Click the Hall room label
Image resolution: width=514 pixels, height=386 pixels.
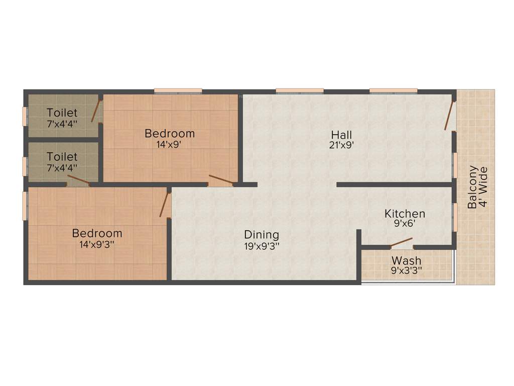(341, 135)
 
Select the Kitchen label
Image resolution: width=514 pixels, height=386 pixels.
(405, 214)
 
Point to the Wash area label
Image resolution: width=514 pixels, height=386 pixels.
(407, 261)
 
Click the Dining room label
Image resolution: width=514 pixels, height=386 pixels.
(262, 235)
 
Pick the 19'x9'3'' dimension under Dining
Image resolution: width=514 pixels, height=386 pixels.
(262, 246)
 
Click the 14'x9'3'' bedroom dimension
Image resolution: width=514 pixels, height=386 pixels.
(97, 245)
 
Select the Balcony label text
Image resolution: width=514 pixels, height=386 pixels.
(472, 187)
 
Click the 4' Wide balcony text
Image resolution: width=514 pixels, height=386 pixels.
(483, 187)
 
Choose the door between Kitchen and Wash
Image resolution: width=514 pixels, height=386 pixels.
(402, 243)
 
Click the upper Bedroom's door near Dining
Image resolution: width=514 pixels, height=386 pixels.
(221, 180)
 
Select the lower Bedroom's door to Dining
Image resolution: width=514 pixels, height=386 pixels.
(164, 204)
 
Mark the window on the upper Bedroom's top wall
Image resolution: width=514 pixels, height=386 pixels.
(178, 91)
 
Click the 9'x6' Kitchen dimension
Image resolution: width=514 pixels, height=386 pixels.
(405, 225)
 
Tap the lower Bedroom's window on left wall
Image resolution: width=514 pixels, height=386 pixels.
(24, 205)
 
